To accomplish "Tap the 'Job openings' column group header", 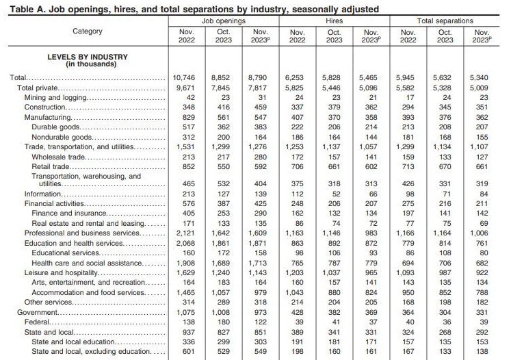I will pos(222,21).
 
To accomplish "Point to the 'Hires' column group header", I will pos(334,21).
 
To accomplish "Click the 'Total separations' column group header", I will pos(445,21).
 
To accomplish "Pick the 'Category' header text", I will pos(87,31).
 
